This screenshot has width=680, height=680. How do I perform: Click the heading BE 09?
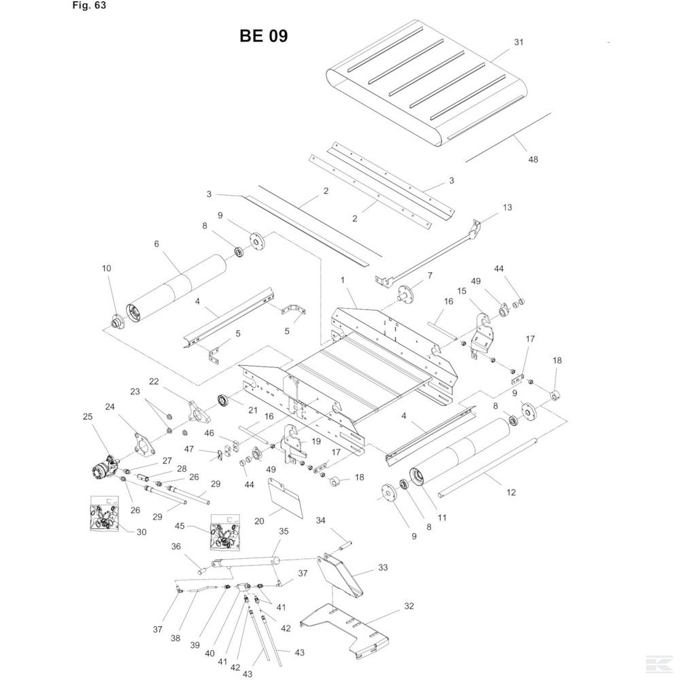(264, 36)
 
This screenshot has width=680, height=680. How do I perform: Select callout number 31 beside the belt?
(519, 42)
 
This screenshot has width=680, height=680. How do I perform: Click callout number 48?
(532, 159)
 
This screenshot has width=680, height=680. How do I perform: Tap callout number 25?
(86, 416)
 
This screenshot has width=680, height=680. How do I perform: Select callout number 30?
(141, 532)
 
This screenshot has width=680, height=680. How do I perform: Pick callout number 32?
(408, 605)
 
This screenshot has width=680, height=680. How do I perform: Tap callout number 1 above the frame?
(343, 279)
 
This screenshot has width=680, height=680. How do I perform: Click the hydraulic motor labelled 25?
(104, 469)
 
